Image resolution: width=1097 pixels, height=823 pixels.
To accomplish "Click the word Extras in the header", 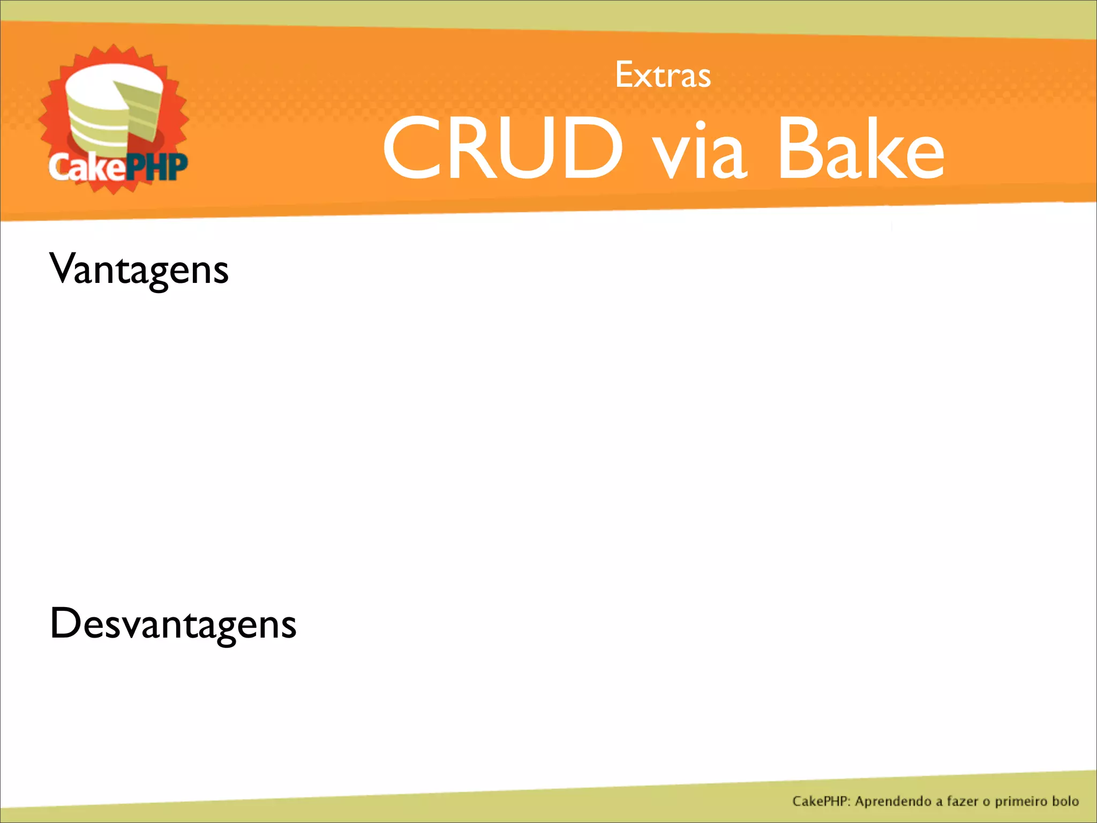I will pyautogui.click(x=663, y=75).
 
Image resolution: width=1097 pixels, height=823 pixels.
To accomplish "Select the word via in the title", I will pyautogui.click(x=698, y=150).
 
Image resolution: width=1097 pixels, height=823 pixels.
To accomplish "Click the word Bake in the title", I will pyautogui.click(x=861, y=148).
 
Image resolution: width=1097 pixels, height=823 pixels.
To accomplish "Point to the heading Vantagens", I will pyautogui.click(x=139, y=270).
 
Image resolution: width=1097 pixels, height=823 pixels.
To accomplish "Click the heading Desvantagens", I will pyautogui.click(x=172, y=624).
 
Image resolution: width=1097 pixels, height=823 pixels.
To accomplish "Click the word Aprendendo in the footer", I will pyautogui.click(x=893, y=802).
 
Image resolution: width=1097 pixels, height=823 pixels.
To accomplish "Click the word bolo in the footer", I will pyautogui.click(x=1065, y=802).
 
